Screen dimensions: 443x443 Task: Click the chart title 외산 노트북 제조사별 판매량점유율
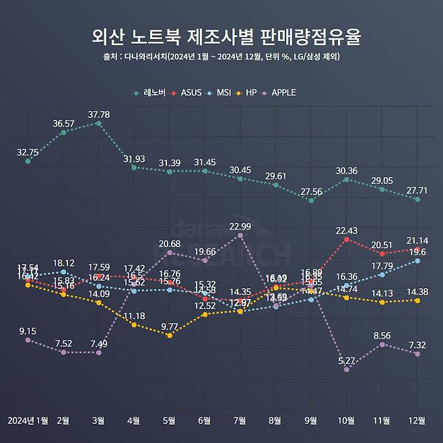tap(221, 36)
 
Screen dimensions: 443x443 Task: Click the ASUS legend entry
tap(188, 92)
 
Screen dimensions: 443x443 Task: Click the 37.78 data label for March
tap(99, 114)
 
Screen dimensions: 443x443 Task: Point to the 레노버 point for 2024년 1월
tap(28, 161)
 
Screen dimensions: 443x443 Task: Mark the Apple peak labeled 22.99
tap(240, 226)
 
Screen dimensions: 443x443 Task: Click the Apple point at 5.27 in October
tap(347, 370)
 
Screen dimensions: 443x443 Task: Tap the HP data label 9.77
tap(170, 327)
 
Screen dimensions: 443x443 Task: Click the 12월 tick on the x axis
tap(417, 421)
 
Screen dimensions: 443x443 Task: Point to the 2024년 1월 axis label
tap(28, 421)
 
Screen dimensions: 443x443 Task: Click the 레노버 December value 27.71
tap(417, 191)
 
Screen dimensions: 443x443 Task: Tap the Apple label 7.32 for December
tap(417, 345)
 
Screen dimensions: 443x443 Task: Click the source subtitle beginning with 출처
tap(221, 57)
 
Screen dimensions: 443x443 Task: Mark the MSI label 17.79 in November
tap(382, 266)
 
